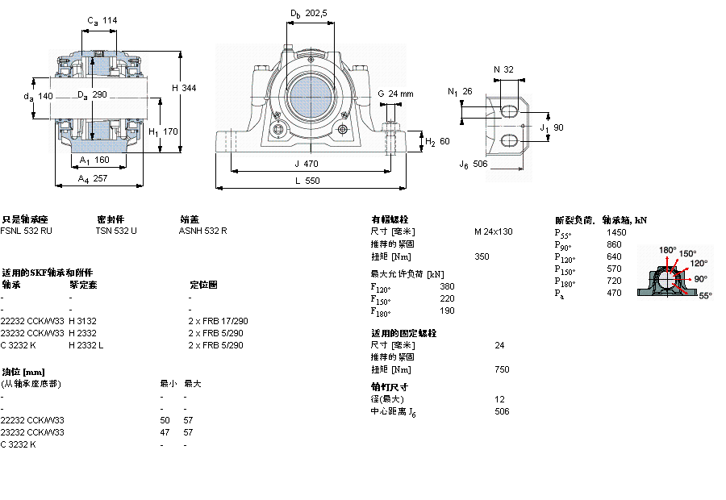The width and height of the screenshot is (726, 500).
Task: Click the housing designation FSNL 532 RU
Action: tap(27, 231)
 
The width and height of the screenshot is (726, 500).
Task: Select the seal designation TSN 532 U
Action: tap(116, 231)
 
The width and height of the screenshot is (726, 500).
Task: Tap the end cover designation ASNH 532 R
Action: tap(202, 231)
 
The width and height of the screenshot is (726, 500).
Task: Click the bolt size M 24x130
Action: tap(493, 231)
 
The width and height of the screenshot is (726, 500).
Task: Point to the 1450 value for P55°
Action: tap(615, 232)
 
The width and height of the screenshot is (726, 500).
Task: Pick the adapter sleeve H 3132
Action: tap(83, 321)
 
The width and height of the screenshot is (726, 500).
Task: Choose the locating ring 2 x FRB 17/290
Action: tap(218, 321)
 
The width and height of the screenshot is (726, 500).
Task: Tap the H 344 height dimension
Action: tap(183, 87)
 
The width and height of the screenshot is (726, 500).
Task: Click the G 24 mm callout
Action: tap(394, 94)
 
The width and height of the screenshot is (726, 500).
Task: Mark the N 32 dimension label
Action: tap(503, 70)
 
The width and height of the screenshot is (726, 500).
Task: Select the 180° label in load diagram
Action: tap(668, 249)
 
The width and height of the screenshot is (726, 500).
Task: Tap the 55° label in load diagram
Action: tap(703, 296)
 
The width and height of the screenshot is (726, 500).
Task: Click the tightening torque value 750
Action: tap(502, 369)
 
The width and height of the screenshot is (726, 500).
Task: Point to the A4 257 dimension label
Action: tap(93, 179)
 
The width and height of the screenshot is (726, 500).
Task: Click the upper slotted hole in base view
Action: tap(509, 110)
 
